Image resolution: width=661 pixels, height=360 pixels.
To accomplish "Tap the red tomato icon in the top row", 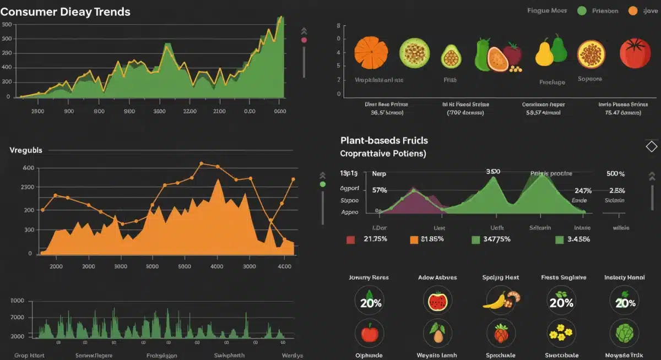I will point(635,53).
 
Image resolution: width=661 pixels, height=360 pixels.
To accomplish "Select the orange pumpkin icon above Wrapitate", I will point(371,53).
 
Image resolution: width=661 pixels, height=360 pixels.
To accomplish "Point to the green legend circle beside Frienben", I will point(581,10).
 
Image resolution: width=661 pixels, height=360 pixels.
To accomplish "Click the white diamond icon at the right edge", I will point(651,146).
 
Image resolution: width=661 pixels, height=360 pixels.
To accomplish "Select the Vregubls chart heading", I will point(26,150).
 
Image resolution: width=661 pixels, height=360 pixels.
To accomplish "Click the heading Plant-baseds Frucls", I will point(384,140).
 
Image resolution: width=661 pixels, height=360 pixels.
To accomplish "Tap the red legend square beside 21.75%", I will point(350,239).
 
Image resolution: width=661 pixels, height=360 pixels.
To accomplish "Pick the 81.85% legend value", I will point(432,239).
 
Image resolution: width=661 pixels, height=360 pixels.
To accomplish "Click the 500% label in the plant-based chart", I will point(615,173).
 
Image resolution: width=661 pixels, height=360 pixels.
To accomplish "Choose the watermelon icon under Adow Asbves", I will point(437,301).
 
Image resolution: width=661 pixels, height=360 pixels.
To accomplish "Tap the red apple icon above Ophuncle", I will point(369,333).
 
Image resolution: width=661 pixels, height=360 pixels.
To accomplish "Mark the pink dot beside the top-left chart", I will point(304,40).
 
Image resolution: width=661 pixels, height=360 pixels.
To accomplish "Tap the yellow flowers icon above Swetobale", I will point(561,333).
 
